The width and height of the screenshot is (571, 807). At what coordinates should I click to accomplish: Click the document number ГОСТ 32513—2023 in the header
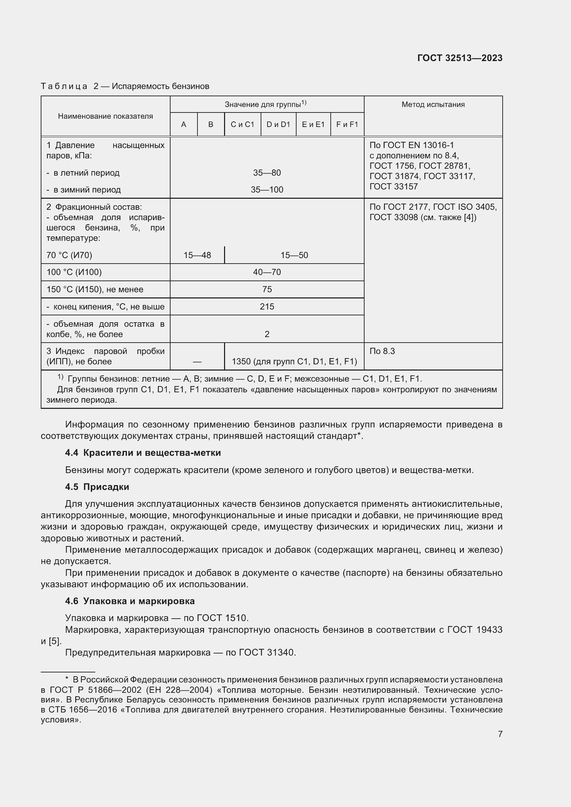click(459, 58)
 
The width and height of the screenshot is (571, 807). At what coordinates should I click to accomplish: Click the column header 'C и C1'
click(242, 125)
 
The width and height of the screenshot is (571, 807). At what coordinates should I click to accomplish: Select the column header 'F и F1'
click(347, 125)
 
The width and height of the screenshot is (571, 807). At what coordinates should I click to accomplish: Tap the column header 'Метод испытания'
click(433, 105)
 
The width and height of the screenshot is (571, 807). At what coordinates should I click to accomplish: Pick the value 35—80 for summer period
click(267, 173)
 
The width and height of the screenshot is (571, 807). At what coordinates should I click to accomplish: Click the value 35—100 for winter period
click(267, 190)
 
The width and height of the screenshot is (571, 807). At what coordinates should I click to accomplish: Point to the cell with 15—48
click(197, 255)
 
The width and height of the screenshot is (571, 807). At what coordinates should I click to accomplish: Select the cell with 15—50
click(294, 255)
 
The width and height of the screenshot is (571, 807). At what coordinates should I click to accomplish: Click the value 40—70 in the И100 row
click(267, 272)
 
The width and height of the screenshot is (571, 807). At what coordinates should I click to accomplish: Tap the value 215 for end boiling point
click(267, 306)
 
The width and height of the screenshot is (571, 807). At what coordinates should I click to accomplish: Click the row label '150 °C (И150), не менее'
click(95, 289)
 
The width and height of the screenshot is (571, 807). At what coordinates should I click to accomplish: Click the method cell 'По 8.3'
click(382, 351)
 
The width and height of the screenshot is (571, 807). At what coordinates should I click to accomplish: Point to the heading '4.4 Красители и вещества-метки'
click(143, 453)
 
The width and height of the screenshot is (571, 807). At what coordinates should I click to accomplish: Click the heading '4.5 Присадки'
click(97, 487)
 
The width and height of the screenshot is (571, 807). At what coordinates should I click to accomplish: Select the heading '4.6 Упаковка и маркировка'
click(130, 601)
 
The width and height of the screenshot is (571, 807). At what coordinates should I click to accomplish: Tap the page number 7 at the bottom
click(500, 734)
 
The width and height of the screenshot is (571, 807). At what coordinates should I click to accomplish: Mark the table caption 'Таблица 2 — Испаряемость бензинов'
click(125, 86)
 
